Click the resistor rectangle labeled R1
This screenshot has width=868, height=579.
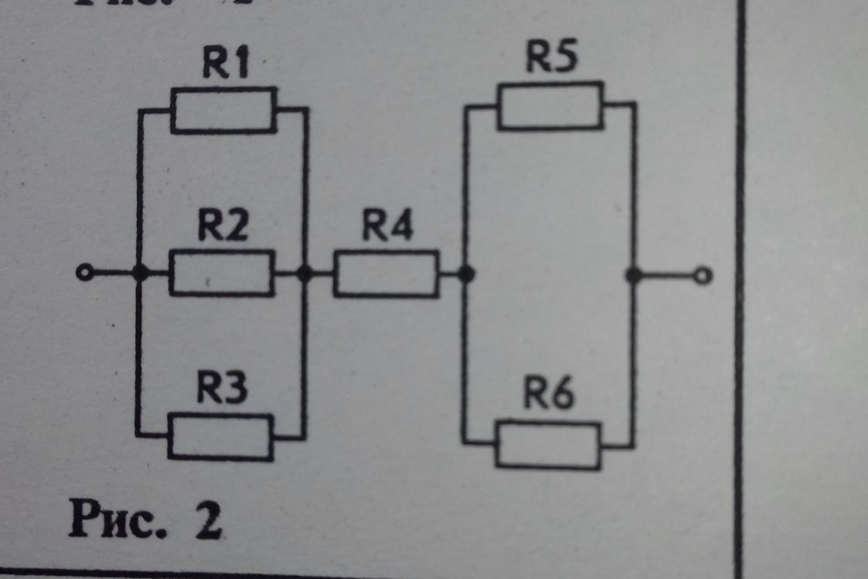224,111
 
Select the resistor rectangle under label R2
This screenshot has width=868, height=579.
222,273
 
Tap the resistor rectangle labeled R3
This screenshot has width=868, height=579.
221,437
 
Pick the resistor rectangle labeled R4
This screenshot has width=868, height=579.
386,274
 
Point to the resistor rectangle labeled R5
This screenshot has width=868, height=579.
550,106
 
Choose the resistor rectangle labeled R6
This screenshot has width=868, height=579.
548,445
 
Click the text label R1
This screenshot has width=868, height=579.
225,67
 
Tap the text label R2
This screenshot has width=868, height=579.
224,228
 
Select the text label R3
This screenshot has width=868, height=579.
222,390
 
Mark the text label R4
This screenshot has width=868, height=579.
387,228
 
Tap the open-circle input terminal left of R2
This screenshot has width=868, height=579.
85,273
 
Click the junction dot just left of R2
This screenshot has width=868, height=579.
142,273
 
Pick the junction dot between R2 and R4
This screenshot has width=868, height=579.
306,273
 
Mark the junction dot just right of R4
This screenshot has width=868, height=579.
468,275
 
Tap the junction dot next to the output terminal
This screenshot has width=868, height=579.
634,275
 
